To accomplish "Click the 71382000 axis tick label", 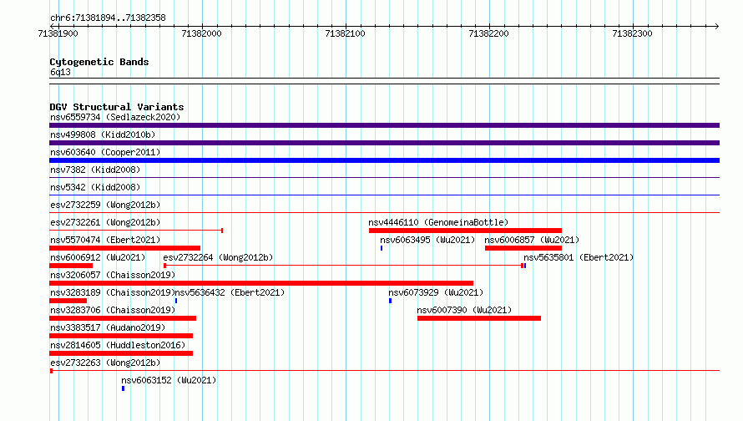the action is click(x=201, y=33).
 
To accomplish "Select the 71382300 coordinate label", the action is click(x=632, y=33).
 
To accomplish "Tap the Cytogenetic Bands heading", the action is click(x=99, y=62).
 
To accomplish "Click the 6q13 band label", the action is click(x=60, y=72).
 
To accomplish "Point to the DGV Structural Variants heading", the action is click(x=117, y=107).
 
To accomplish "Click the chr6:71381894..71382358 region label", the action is click(x=108, y=18).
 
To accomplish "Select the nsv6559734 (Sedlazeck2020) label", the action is click(x=115, y=117).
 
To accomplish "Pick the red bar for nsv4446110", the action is click(x=465, y=231).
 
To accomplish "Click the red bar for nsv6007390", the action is click(x=479, y=318).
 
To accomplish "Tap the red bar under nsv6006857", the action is click(x=523, y=248).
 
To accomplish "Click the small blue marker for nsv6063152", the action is click(x=124, y=388).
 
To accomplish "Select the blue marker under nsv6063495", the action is click(x=382, y=248).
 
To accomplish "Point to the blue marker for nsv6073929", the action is click(x=391, y=301).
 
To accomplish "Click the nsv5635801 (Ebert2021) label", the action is click(x=579, y=257).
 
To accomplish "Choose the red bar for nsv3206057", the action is click(x=261, y=283).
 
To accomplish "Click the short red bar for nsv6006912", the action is click(x=71, y=266).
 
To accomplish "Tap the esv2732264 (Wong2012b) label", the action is click(x=218, y=257).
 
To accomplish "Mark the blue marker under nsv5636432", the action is click(x=176, y=301).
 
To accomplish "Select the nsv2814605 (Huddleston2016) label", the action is click(x=118, y=345).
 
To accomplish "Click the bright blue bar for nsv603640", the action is click(x=384, y=160).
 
